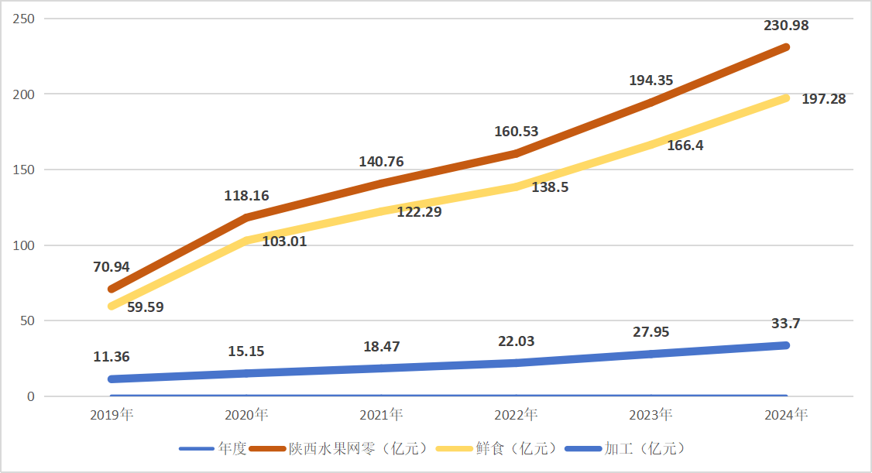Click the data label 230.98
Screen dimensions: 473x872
(x=786, y=26)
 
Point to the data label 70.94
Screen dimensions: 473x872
(x=112, y=267)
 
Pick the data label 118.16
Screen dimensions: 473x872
(x=246, y=196)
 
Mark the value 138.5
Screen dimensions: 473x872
(x=550, y=187)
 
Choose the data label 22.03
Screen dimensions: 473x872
(x=516, y=341)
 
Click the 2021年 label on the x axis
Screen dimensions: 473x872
(x=381, y=415)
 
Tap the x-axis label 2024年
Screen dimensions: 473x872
(x=786, y=415)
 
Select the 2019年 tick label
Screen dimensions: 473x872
(x=112, y=415)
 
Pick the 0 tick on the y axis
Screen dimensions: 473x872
(x=32, y=396)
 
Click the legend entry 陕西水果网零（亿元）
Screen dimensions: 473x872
(x=357, y=449)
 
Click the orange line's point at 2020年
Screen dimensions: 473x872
(x=246, y=218)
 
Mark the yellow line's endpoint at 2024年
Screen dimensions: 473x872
(x=785, y=98)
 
